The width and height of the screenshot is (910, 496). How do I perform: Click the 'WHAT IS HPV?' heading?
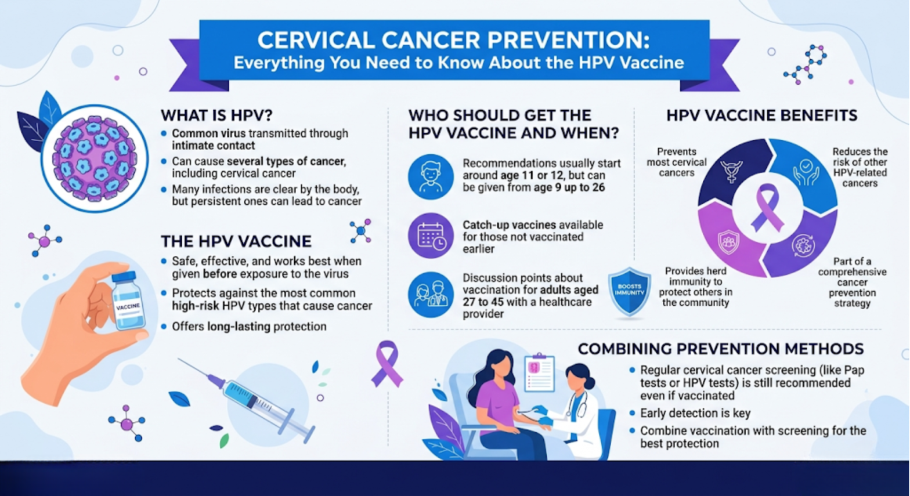[x=216, y=115]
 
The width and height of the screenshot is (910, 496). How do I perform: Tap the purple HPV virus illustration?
[x=95, y=158]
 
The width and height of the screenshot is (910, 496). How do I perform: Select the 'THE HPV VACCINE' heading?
[x=236, y=241]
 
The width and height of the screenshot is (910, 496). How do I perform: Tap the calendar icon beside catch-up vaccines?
[x=431, y=236]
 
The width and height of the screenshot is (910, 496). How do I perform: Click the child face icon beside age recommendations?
[x=431, y=176]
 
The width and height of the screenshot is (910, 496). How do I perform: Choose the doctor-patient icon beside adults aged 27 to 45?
[x=431, y=295]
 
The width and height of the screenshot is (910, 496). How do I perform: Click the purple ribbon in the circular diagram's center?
[x=767, y=207]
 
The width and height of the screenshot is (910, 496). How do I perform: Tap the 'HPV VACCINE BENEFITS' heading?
[x=761, y=115]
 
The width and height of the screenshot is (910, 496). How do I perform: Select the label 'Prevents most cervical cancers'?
[x=677, y=162]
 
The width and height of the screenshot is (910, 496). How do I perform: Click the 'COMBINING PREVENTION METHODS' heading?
[x=720, y=349]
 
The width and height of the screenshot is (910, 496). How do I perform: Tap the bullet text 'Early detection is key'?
[x=695, y=413]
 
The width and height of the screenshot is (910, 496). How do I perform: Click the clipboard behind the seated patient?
[x=539, y=372]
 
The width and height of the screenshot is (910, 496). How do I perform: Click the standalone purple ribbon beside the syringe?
[x=387, y=363]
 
